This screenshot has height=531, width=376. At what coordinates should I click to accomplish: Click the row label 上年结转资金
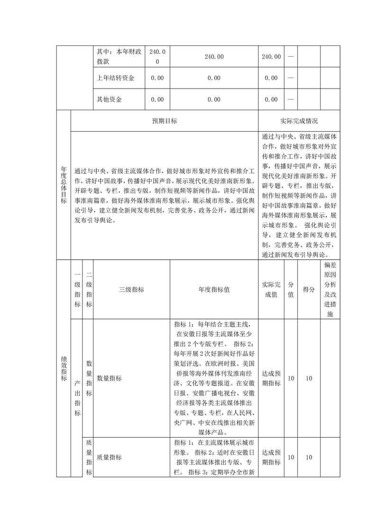click(x=115, y=78)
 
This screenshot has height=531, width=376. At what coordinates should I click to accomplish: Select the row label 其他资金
click(x=110, y=99)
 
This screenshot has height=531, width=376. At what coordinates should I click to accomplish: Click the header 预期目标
click(x=165, y=121)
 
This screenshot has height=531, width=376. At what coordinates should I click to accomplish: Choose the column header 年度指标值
click(x=214, y=290)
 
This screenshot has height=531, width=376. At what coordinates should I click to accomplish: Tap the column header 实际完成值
click(x=271, y=289)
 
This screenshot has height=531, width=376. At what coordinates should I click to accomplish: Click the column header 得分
click(x=309, y=290)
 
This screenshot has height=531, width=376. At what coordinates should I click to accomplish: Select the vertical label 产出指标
click(x=77, y=398)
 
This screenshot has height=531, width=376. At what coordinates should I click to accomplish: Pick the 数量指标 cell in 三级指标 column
click(x=110, y=378)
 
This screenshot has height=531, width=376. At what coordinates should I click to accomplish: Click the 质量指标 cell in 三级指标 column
click(x=110, y=457)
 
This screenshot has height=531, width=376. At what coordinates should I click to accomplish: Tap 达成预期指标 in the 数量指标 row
click(x=271, y=378)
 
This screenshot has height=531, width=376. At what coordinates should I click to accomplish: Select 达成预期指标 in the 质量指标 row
click(x=271, y=457)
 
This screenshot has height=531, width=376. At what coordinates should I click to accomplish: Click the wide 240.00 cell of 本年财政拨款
click(x=214, y=56)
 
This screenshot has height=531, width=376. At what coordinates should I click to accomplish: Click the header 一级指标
click(x=77, y=289)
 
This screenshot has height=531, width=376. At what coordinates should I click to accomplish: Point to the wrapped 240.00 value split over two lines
click(x=157, y=56)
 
